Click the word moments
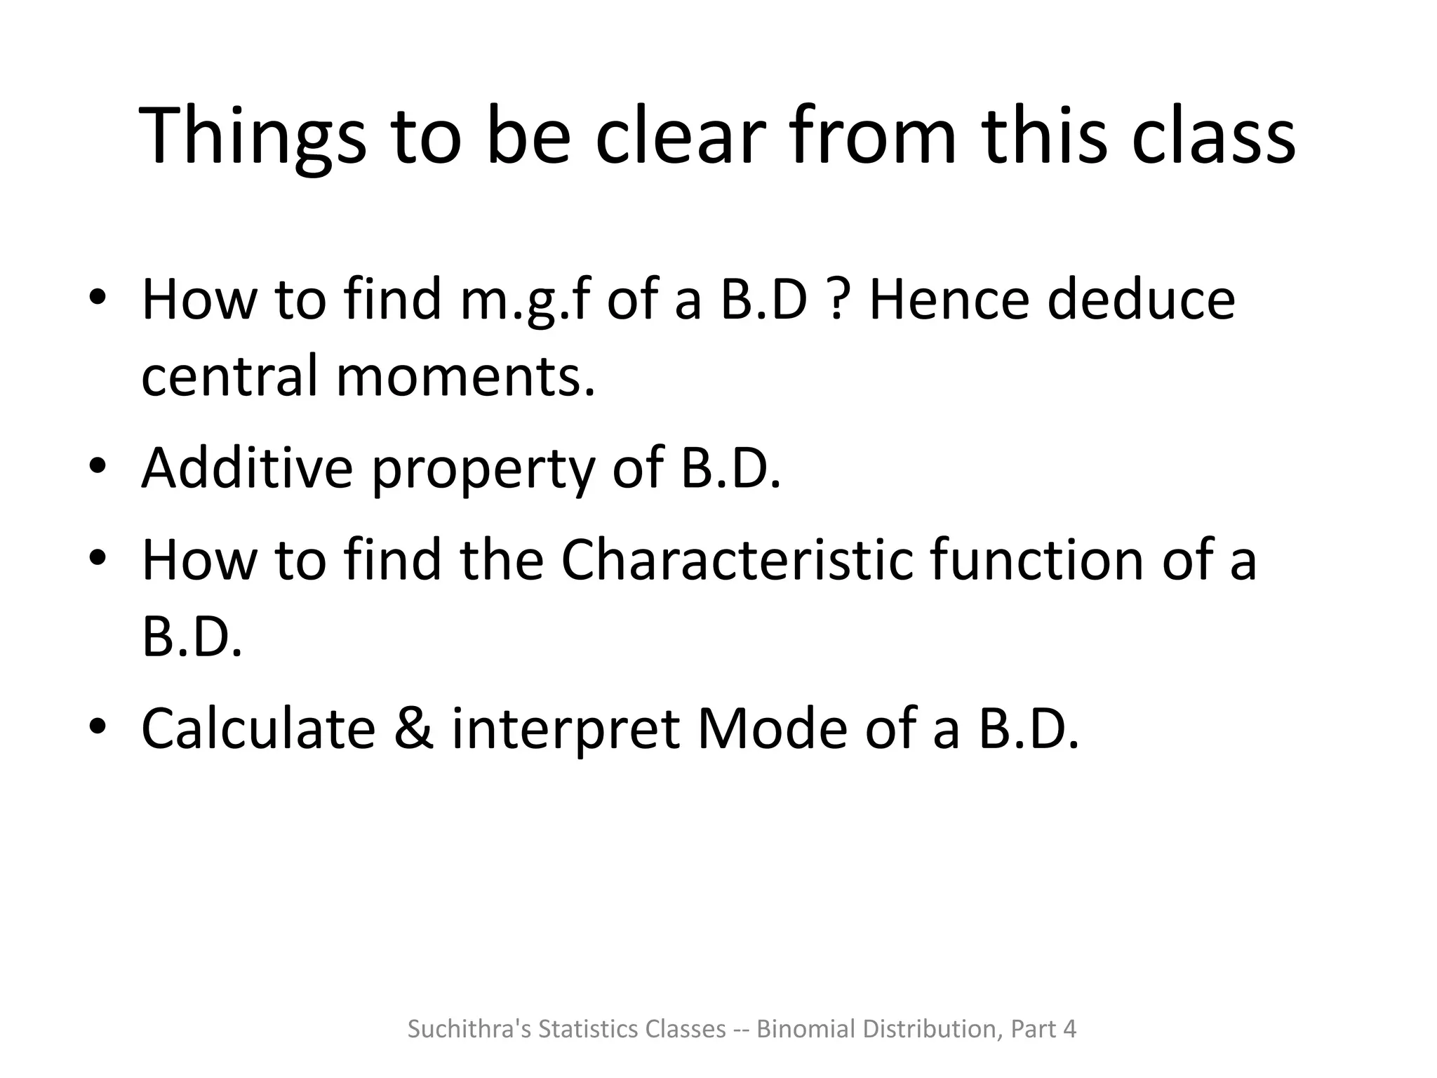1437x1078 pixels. [465, 376]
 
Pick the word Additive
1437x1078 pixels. [247, 468]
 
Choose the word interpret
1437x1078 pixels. [566, 730]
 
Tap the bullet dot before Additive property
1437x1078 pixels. [98, 466]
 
